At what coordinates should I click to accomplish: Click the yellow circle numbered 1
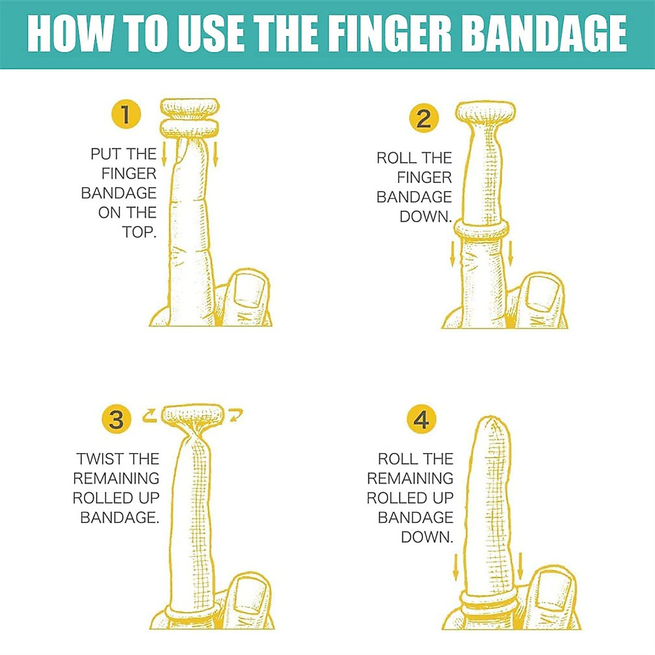click(126, 114)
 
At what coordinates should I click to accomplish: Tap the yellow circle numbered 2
click(424, 118)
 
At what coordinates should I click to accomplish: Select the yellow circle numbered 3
click(116, 420)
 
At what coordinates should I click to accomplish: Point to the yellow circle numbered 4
click(421, 420)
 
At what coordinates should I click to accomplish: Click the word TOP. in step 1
click(139, 232)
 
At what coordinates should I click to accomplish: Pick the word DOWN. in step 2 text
click(426, 217)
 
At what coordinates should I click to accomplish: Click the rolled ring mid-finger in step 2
click(483, 230)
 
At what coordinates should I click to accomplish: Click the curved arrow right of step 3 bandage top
click(236, 415)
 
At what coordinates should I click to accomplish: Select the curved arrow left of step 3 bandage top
click(150, 416)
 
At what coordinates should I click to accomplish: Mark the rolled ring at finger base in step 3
click(193, 610)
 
